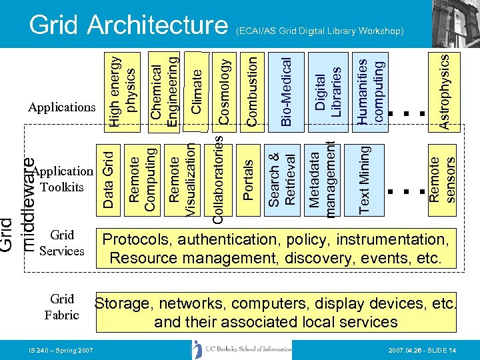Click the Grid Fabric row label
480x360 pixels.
[x=61, y=307]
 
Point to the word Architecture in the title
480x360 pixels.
[x=159, y=25]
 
